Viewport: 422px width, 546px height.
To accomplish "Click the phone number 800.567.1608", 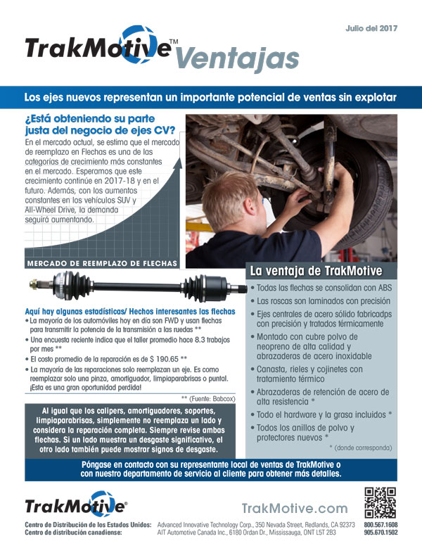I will [381, 525].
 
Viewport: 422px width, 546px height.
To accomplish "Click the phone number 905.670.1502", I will [381, 533].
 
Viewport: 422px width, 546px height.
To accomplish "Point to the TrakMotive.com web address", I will [294, 508].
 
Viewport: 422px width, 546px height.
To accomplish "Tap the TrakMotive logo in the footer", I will [76, 507].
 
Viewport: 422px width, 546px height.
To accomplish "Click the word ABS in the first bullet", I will [381, 288].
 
